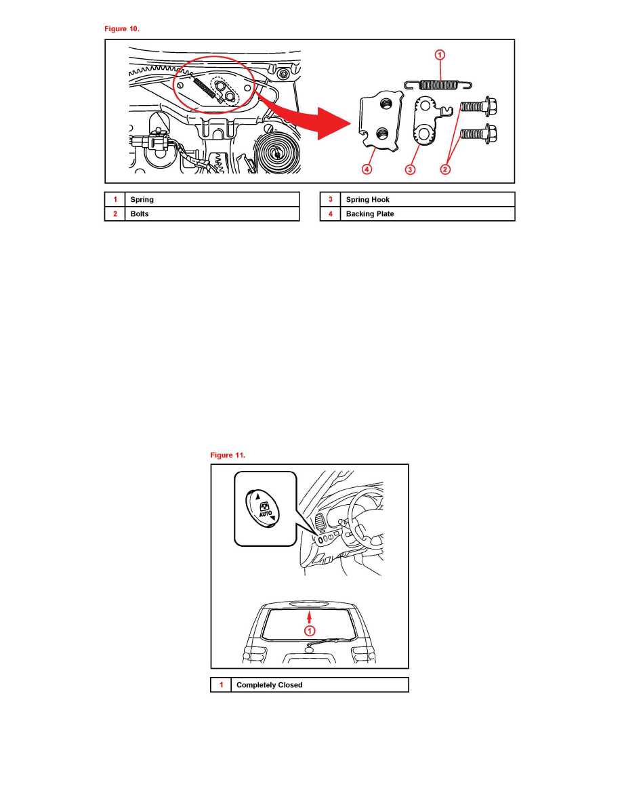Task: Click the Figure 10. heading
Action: [x=122, y=28]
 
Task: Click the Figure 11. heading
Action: [x=228, y=455]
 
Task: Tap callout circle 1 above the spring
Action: [x=440, y=55]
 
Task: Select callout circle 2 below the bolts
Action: [x=445, y=169]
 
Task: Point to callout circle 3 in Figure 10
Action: [x=409, y=169]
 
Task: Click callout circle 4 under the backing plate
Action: [x=367, y=169]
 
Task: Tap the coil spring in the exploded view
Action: [x=438, y=85]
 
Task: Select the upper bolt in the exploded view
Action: [x=478, y=106]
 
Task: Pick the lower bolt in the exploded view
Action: [x=478, y=134]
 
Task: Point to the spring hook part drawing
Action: [x=429, y=121]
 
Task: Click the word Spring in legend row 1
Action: [x=142, y=199]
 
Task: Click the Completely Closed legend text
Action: [x=270, y=685]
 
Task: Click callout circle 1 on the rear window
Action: [x=310, y=630]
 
